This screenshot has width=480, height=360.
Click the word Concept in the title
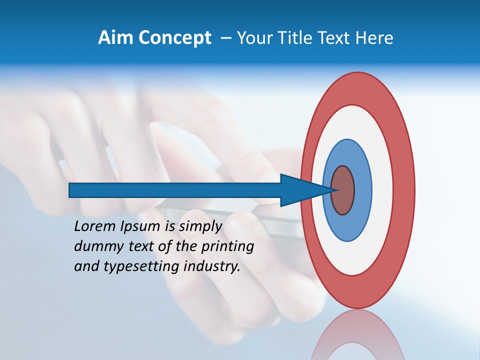click(174, 38)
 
